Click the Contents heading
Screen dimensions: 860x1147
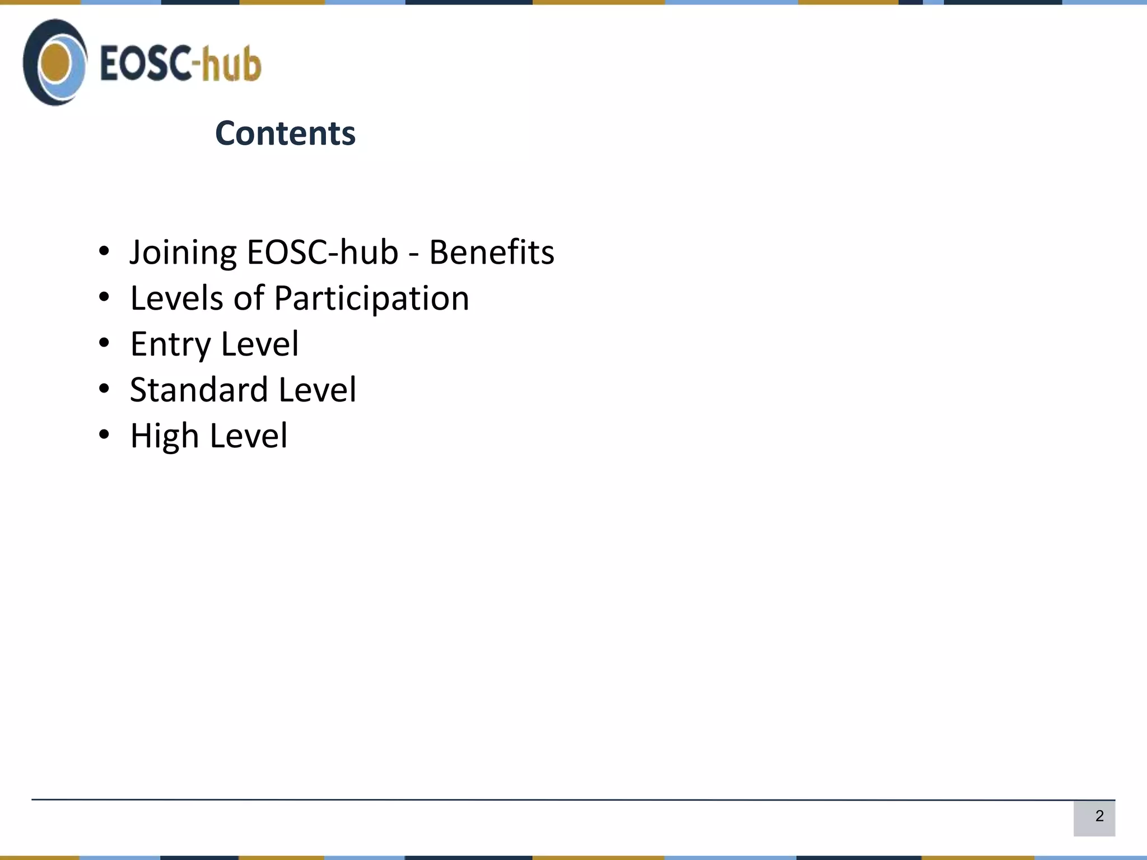point(285,133)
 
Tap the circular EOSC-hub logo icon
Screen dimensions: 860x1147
point(55,62)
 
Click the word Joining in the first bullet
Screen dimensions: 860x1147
point(183,253)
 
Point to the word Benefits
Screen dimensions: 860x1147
point(491,253)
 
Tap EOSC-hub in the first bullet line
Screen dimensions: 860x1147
point(322,253)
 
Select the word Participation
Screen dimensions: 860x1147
point(371,298)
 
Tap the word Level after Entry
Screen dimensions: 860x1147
point(260,344)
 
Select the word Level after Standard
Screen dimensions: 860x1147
point(317,390)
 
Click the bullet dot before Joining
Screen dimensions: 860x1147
point(104,251)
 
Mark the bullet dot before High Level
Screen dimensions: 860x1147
point(104,434)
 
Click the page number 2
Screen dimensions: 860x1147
point(1099,816)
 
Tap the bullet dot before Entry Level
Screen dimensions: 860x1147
point(104,343)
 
